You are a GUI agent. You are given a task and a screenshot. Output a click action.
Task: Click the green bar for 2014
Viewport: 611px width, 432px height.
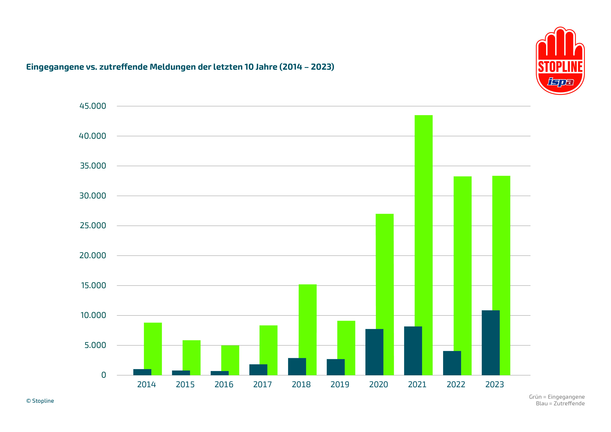pyautogui.click(x=153, y=346)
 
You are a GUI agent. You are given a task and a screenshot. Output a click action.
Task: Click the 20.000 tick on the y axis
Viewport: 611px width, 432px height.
pyautogui.click(x=93, y=256)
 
